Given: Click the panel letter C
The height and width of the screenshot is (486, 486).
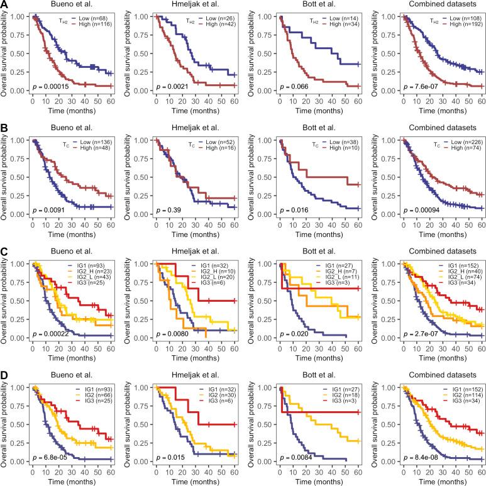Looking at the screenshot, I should click(x=4, y=250).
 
